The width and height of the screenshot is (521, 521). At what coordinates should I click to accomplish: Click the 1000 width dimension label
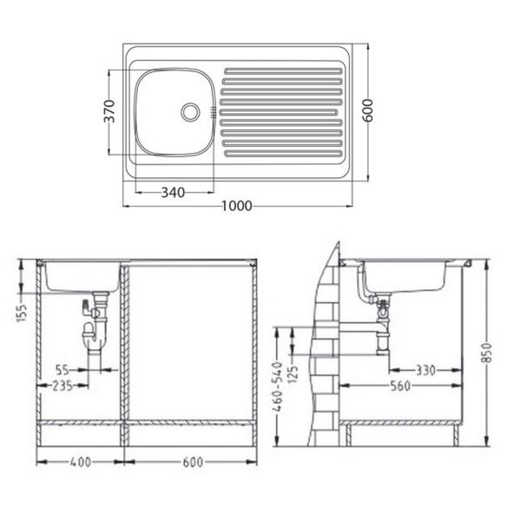click(x=236, y=206)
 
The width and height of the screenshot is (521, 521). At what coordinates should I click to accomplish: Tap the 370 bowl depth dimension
click(x=109, y=111)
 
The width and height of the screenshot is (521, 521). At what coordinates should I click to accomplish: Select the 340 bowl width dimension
click(x=173, y=193)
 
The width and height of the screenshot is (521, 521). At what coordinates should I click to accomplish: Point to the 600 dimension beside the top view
click(x=367, y=110)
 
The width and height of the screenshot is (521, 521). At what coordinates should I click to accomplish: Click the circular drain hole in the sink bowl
click(x=190, y=112)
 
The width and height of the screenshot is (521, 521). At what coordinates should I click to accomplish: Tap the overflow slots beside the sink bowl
click(x=213, y=112)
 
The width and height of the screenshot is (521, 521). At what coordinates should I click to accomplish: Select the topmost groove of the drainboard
click(x=283, y=71)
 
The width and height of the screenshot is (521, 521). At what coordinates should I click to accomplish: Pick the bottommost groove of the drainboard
click(x=283, y=154)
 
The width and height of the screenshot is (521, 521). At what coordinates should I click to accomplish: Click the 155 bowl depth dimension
click(x=22, y=313)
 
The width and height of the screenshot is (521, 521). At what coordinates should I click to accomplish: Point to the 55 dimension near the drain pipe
click(x=63, y=370)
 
